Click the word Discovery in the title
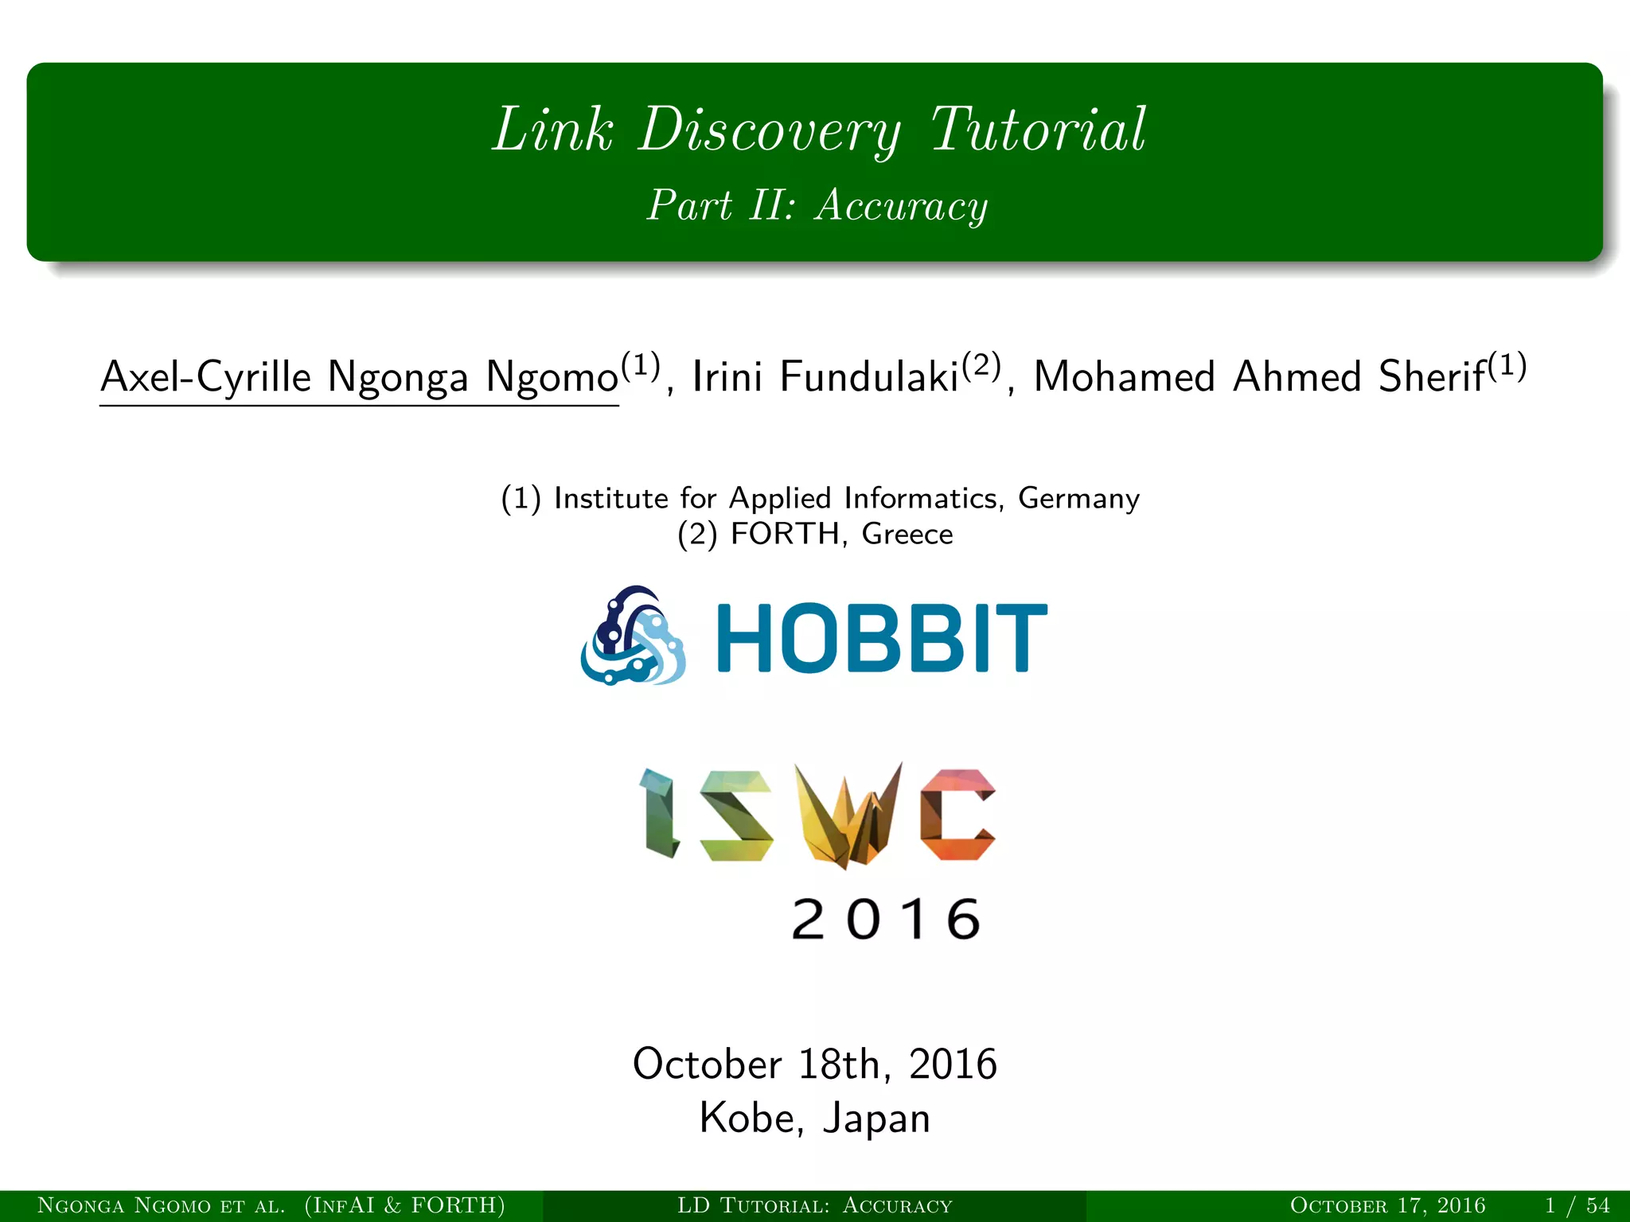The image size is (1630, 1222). click(769, 130)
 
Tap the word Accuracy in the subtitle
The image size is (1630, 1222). click(901, 205)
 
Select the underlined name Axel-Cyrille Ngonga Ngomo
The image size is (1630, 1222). click(360, 377)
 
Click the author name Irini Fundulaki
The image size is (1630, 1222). click(825, 377)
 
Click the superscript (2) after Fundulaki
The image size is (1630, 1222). click(981, 366)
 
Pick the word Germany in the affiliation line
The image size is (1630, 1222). click(1078, 499)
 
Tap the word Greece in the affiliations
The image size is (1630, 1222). click(907, 534)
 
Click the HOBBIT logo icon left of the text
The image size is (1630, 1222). click(634, 636)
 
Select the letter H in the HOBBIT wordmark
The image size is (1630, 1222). click(747, 638)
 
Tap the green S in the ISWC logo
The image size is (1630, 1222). click(736, 815)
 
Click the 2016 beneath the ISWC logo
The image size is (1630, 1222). click(886, 920)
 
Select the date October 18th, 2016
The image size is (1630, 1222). click(814, 1064)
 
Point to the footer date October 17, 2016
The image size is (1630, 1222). click(1387, 1206)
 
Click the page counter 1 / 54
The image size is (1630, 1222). click(1577, 1206)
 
